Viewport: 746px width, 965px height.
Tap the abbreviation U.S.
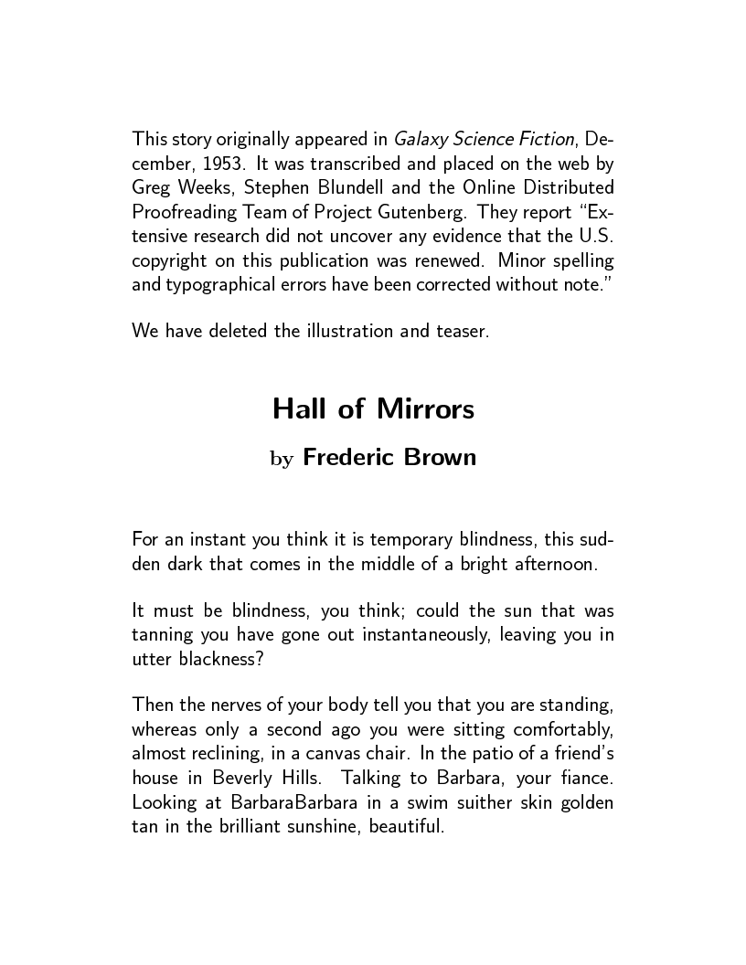coord(595,235)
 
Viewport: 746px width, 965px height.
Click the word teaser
coord(461,330)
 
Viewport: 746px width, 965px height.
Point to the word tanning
coord(165,636)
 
